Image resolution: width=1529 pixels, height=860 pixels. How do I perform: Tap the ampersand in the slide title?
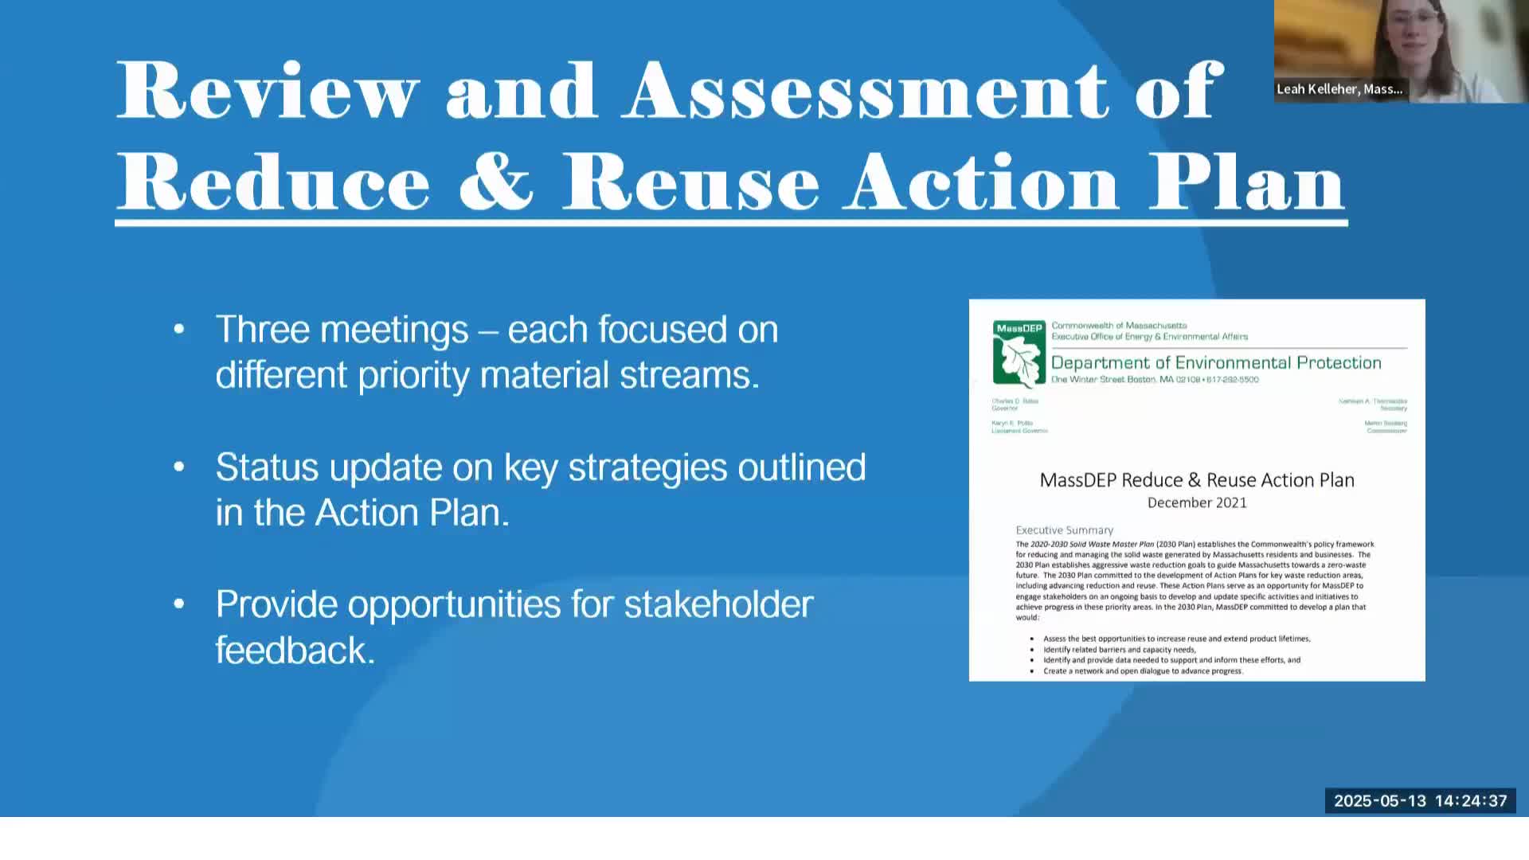pyautogui.click(x=495, y=182)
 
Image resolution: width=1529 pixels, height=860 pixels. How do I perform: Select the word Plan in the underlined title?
pyautogui.click(x=1246, y=182)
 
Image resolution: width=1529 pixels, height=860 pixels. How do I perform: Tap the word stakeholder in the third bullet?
pyautogui.click(x=718, y=604)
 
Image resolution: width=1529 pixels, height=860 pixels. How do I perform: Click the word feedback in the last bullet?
pyautogui.click(x=295, y=651)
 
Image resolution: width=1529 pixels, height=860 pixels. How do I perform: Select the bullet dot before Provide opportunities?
pyautogui.click(x=179, y=604)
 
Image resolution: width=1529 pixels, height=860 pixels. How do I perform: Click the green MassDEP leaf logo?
pyautogui.click(x=1019, y=354)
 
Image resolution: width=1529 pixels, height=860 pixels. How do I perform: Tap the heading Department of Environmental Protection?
pyautogui.click(x=1216, y=363)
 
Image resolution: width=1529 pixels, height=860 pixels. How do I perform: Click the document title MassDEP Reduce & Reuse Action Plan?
pyautogui.click(x=1197, y=480)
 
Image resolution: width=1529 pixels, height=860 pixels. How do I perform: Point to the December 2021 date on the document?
pyautogui.click(x=1197, y=502)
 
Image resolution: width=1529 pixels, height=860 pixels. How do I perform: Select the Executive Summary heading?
pyautogui.click(x=1064, y=530)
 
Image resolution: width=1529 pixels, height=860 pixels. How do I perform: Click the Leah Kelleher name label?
pyautogui.click(x=1339, y=89)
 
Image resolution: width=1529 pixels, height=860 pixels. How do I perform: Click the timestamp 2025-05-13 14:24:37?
pyautogui.click(x=1420, y=801)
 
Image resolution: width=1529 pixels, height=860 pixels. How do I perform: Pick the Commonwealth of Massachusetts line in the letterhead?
pyautogui.click(x=1119, y=326)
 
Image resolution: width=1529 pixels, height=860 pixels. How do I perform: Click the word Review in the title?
pyautogui.click(x=268, y=91)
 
